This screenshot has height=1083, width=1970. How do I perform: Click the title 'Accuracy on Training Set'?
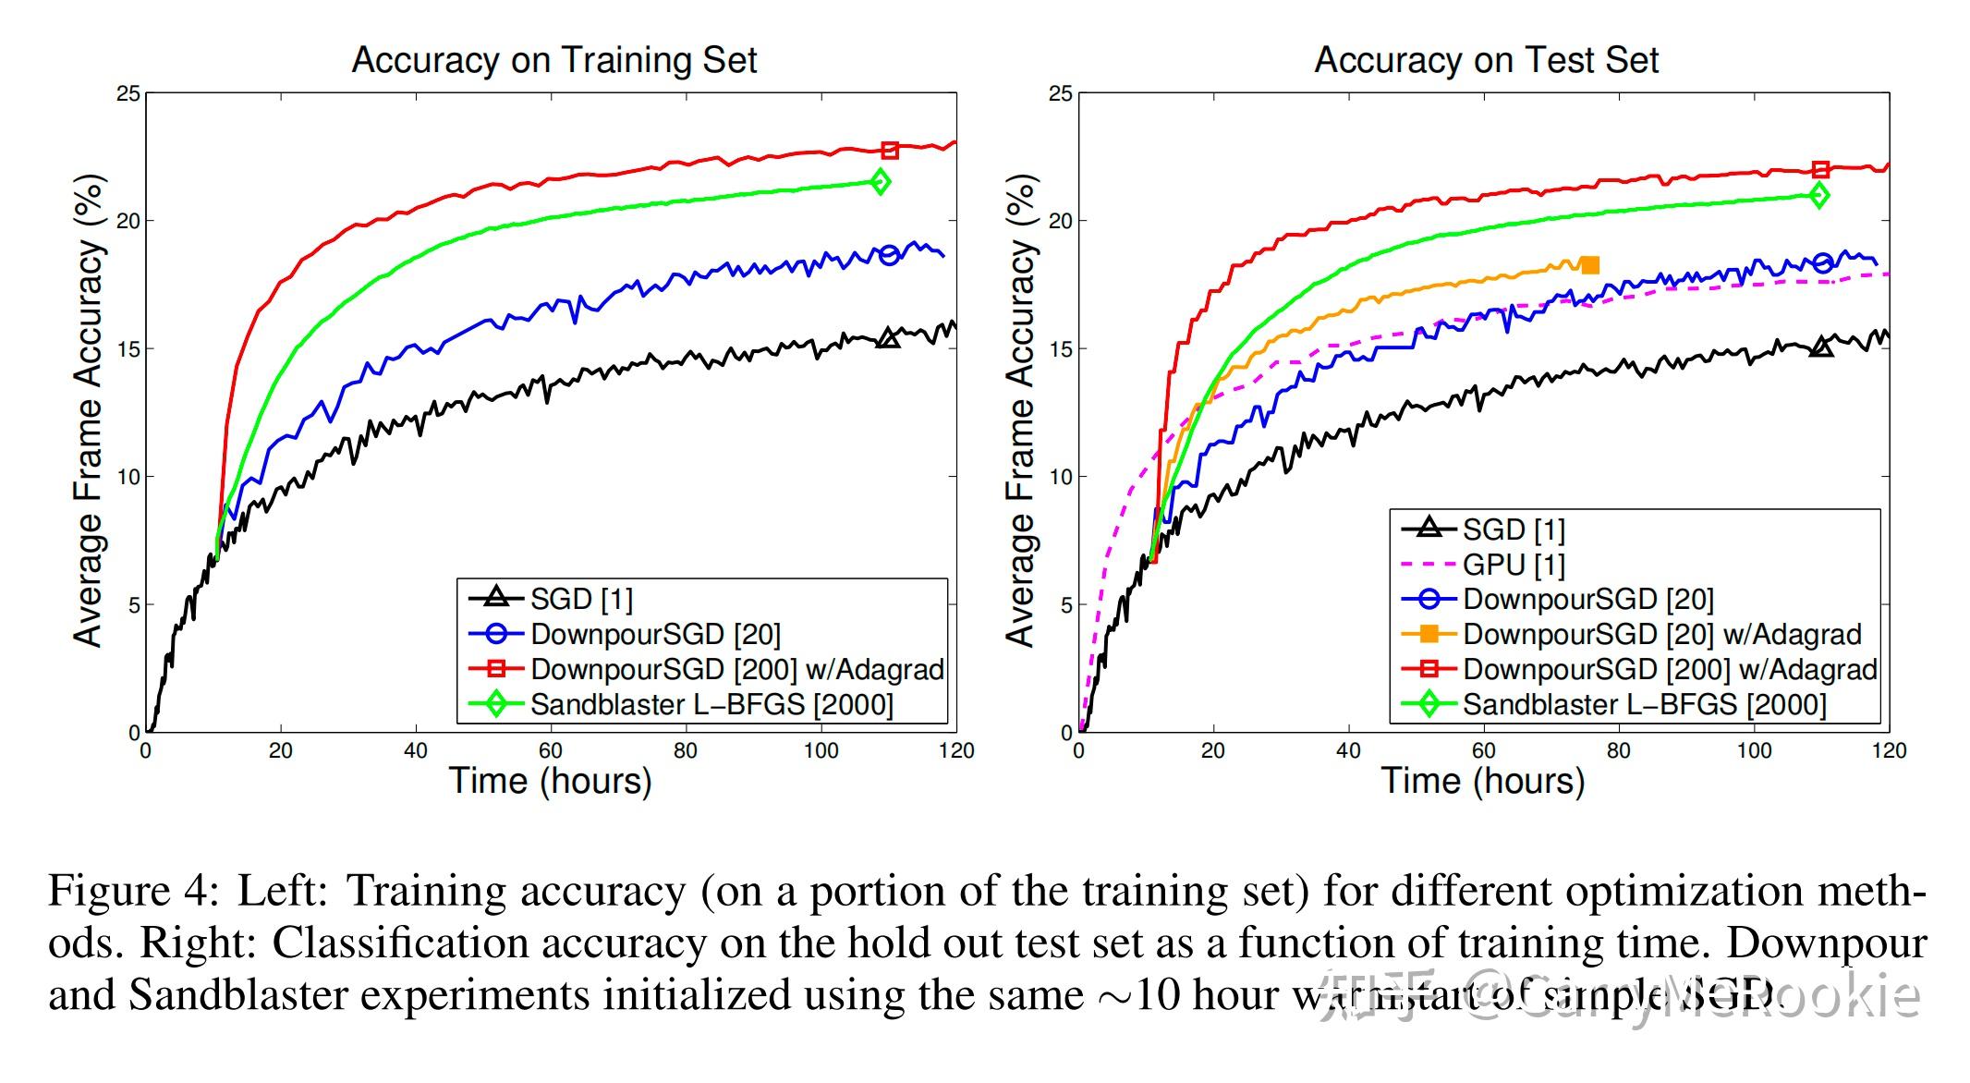point(553,60)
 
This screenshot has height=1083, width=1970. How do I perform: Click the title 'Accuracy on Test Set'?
point(1486,60)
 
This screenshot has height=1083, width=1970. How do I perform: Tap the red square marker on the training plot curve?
point(890,150)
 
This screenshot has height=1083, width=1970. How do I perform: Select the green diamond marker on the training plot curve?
point(881,182)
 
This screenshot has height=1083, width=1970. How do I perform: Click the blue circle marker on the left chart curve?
point(889,255)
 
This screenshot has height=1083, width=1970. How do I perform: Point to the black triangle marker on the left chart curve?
point(888,338)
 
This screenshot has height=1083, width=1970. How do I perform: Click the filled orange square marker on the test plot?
point(1589,265)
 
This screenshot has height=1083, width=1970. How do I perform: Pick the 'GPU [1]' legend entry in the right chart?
point(1513,564)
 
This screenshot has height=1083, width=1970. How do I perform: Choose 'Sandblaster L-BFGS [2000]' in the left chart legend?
point(711,704)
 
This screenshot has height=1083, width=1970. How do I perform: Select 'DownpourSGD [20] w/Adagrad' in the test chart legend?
point(1661,634)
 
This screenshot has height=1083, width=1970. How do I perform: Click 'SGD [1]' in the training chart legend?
point(581,599)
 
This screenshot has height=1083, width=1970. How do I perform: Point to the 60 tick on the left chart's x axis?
point(551,750)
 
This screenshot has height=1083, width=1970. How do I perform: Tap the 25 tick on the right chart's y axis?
point(1061,93)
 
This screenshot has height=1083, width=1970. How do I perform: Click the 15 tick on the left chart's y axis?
point(128,349)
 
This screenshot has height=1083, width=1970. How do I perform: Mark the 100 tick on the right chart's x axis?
point(1754,750)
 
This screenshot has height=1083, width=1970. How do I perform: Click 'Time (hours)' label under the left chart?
point(551,781)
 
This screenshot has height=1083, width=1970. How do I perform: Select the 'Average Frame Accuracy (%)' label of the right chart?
point(1019,411)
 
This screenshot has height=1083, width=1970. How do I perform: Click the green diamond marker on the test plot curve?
point(1819,195)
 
